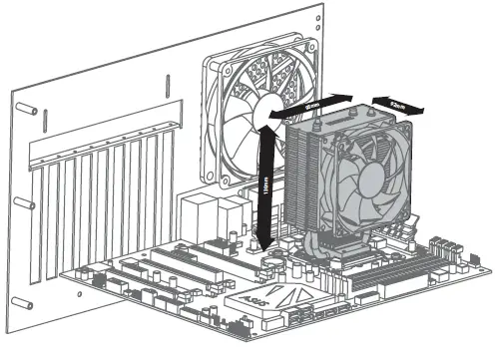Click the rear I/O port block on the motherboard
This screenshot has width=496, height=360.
pyautogui.click(x=210, y=214)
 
